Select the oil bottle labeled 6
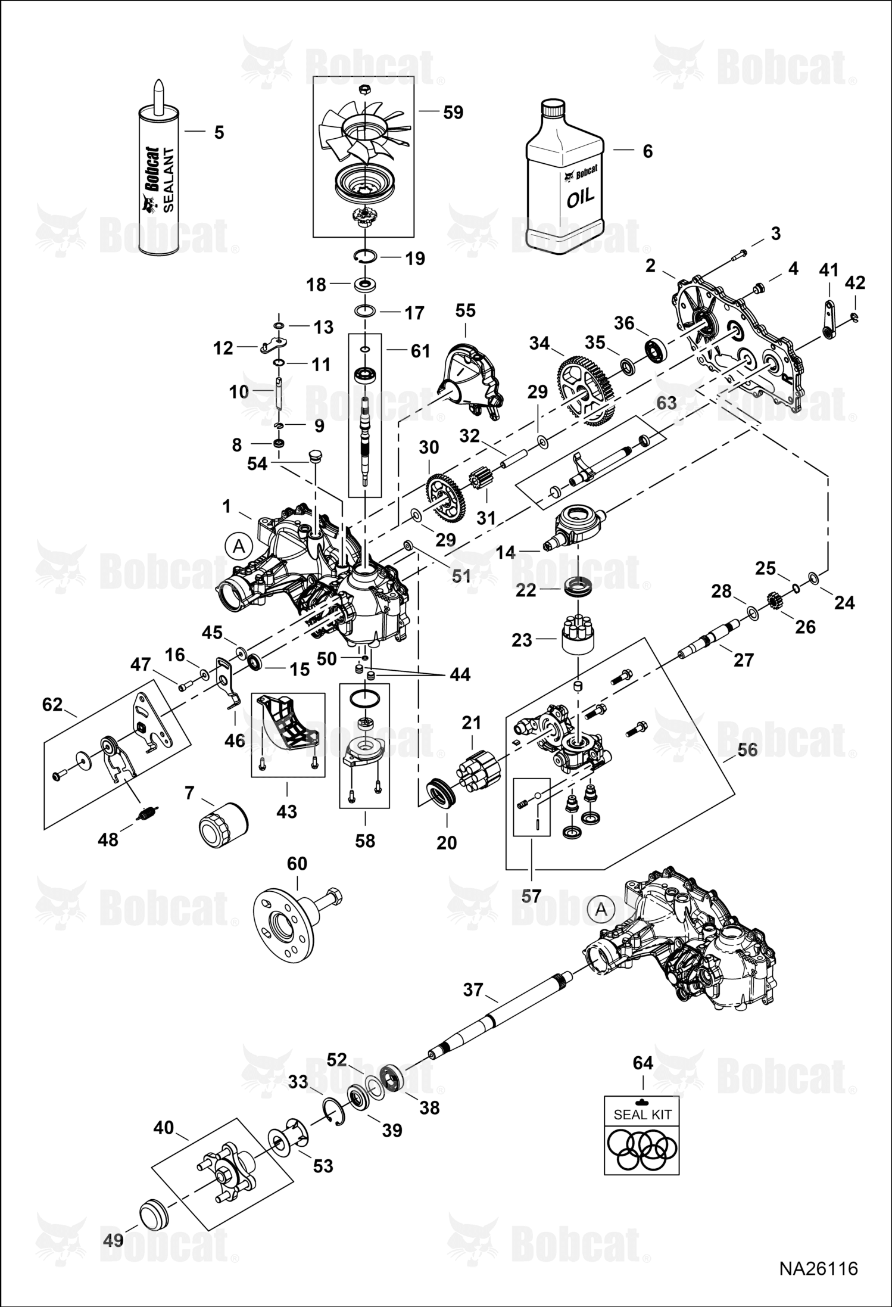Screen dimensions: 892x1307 565,177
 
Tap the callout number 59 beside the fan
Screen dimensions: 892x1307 453,112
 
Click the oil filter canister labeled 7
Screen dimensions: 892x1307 223,820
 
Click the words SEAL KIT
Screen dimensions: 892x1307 642,1114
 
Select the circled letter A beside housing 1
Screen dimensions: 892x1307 239,546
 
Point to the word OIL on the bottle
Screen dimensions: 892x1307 580,198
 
